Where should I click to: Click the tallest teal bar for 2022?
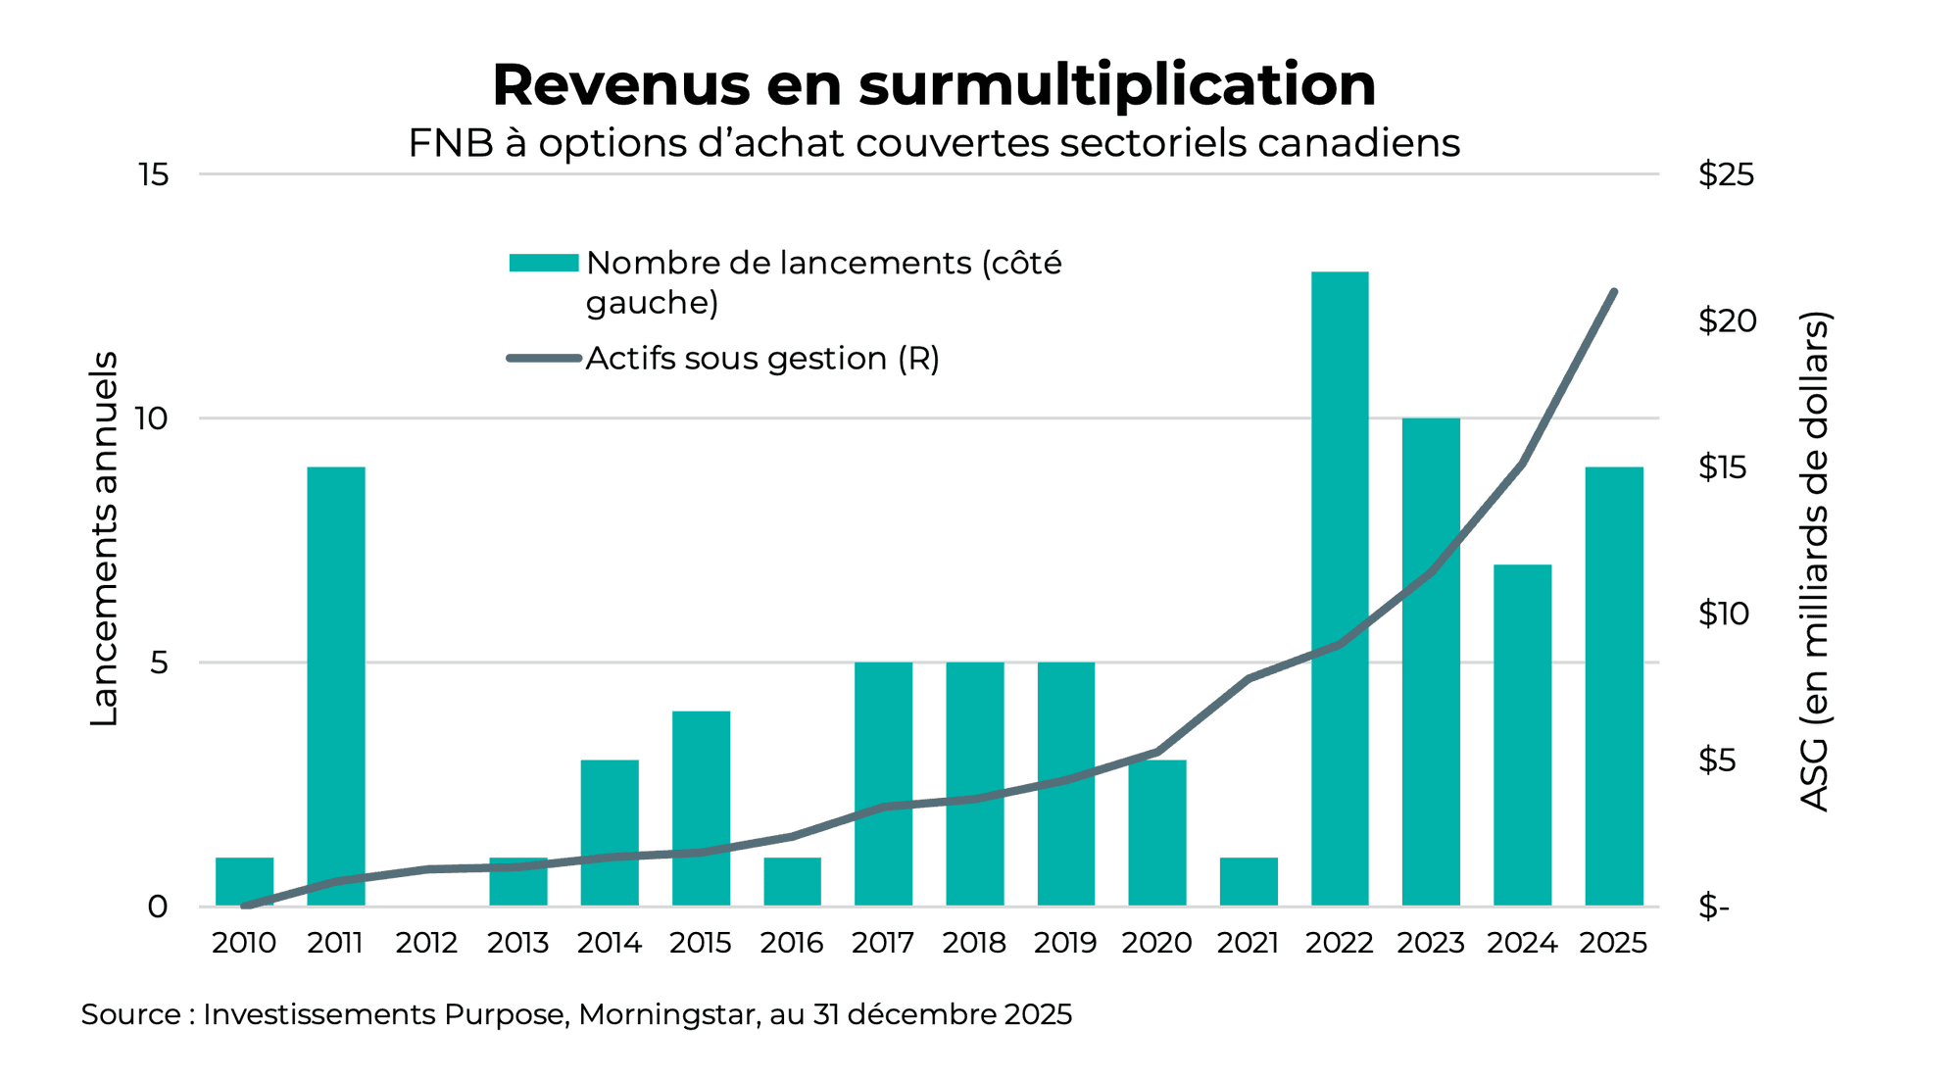(1340, 588)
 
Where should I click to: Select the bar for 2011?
(336, 686)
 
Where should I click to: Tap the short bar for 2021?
(1249, 882)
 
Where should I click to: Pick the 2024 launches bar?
(1522, 735)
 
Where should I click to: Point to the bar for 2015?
(701, 809)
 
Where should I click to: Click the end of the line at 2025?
(1613, 292)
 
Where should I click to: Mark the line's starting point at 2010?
(244, 906)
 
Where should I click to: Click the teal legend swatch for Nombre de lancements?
(544, 263)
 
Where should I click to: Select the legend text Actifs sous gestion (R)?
(762, 359)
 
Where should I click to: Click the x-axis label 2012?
(426, 943)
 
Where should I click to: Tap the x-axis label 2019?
(1065, 943)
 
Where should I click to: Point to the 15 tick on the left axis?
(154, 175)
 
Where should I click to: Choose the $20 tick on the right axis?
(1727, 320)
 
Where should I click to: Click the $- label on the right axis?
(1714, 907)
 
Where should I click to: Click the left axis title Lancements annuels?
(104, 539)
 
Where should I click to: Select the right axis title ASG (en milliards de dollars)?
(1815, 561)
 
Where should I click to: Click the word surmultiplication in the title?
(1117, 85)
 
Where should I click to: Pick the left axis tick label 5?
(159, 663)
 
